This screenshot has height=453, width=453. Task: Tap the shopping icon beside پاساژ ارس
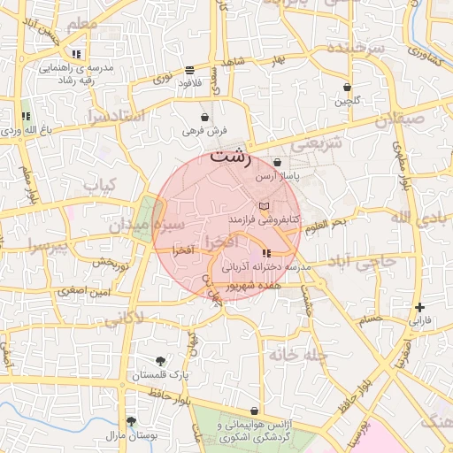click(x=278, y=163)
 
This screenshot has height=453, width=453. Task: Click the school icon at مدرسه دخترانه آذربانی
click(x=267, y=255)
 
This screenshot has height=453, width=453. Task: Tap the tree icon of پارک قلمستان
click(x=160, y=361)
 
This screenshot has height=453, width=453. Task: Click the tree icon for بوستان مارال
click(x=132, y=421)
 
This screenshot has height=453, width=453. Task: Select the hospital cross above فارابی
click(x=419, y=307)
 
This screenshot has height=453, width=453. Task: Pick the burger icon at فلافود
click(x=190, y=70)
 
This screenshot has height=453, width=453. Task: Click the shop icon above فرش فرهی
click(x=205, y=117)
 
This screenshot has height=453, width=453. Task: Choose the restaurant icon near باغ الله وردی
click(x=26, y=117)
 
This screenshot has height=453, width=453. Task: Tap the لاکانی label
click(x=125, y=319)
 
